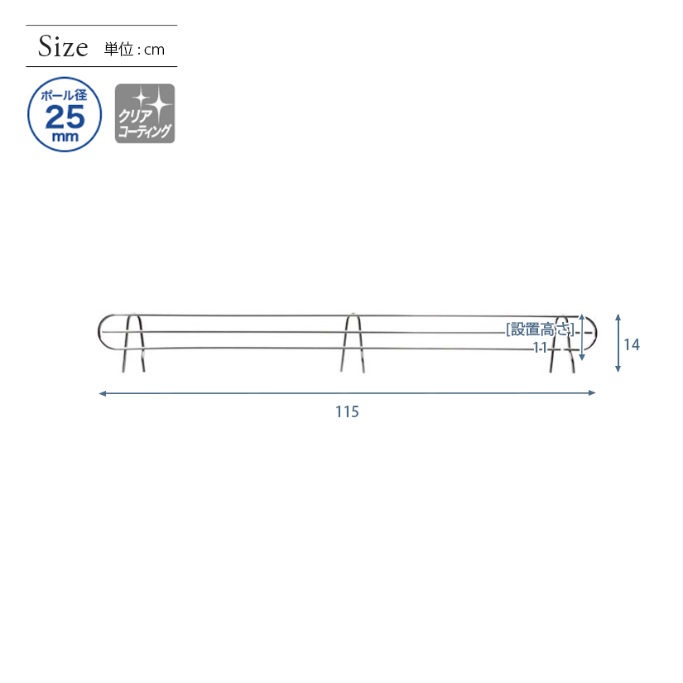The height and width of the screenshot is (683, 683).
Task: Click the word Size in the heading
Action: coord(63,46)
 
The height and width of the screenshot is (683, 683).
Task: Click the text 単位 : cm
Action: coord(134,49)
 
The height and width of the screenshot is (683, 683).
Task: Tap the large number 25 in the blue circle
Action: coord(65,117)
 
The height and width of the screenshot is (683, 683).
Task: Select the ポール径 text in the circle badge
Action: coord(64,95)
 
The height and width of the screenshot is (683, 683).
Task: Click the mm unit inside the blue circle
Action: coord(65,137)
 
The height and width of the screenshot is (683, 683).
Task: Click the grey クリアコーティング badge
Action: coord(145,113)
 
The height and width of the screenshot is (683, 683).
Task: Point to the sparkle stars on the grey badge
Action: coord(152,103)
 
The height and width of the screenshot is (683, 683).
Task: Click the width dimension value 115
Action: coord(347,411)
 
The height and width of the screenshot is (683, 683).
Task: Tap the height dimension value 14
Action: coord(632,344)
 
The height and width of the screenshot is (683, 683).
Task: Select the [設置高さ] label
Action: coord(540,329)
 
